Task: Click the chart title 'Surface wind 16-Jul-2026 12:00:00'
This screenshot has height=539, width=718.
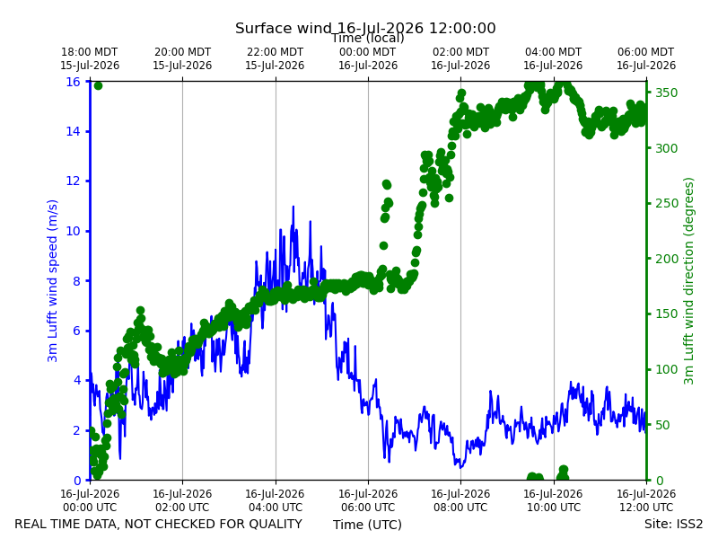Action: point(365,28)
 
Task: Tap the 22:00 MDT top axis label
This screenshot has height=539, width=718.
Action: point(275,58)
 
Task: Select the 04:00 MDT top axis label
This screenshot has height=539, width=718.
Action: point(553,58)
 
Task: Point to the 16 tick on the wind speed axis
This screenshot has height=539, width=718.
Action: point(74,82)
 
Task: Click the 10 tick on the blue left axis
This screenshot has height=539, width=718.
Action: point(74,231)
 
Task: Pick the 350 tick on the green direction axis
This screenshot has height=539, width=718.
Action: point(666,93)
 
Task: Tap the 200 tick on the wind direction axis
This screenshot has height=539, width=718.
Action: point(666,259)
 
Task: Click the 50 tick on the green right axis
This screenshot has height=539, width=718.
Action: point(662,425)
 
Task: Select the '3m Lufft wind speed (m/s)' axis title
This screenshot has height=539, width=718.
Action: point(53,280)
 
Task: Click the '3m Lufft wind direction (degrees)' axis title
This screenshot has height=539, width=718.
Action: point(688,281)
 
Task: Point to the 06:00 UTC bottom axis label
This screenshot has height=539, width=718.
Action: point(368,500)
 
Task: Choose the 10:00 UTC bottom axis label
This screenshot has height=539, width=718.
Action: point(553,500)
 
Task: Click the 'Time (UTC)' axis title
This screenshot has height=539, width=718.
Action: point(367,525)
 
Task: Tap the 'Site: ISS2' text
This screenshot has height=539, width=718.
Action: point(673,524)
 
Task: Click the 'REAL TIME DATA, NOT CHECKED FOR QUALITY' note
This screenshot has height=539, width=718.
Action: point(159,524)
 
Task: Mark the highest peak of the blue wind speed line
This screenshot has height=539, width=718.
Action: point(293,207)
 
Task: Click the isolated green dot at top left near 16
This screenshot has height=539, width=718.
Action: point(98,85)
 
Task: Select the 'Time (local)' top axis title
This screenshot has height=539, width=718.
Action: point(368,39)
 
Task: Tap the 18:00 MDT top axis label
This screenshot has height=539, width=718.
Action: point(90,58)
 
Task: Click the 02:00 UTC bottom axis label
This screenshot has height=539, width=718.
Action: point(182,500)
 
